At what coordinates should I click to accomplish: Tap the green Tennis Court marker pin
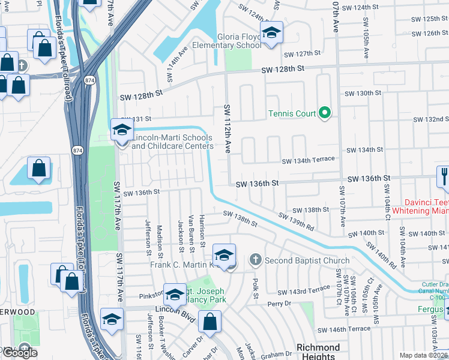pyautogui.click(x=325, y=113)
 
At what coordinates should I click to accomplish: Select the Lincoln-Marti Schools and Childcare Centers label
pyautogui.click(x=172, y=142)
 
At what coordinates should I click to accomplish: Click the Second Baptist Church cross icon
pyautogui.click(x=255, y=260)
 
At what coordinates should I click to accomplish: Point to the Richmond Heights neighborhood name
pyautogui.click(x=318, y=352)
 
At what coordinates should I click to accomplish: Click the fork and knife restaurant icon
pyautogui.click(x=443, y=176)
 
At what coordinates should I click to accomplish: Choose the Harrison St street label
pyautogui.click(x=202, y=230)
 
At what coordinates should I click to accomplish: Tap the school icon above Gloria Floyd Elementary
pyautogui.click(x=271, y=34)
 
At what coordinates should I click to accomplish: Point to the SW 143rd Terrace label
pyautogui.click(x=303, y=289)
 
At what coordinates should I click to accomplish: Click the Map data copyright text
pyautogui.click(x=424, y=355)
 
